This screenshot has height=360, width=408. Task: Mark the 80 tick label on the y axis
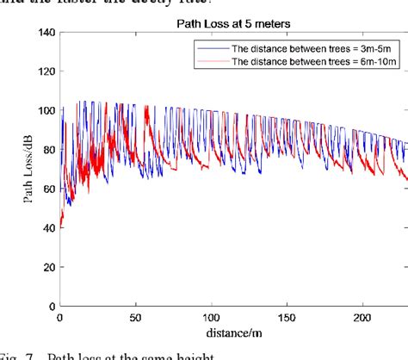(x=46, y=150)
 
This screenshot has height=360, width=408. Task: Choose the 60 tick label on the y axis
(x=46, y=189)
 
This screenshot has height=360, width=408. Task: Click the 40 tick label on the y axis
(x=46, y=228)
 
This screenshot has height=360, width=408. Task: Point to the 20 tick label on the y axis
(x=46, y=267)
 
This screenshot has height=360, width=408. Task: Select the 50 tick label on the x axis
(x=135, y=317)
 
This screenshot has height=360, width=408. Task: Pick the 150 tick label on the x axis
(x=288, y=317)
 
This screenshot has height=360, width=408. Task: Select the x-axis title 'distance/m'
(x=232, y=332)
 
